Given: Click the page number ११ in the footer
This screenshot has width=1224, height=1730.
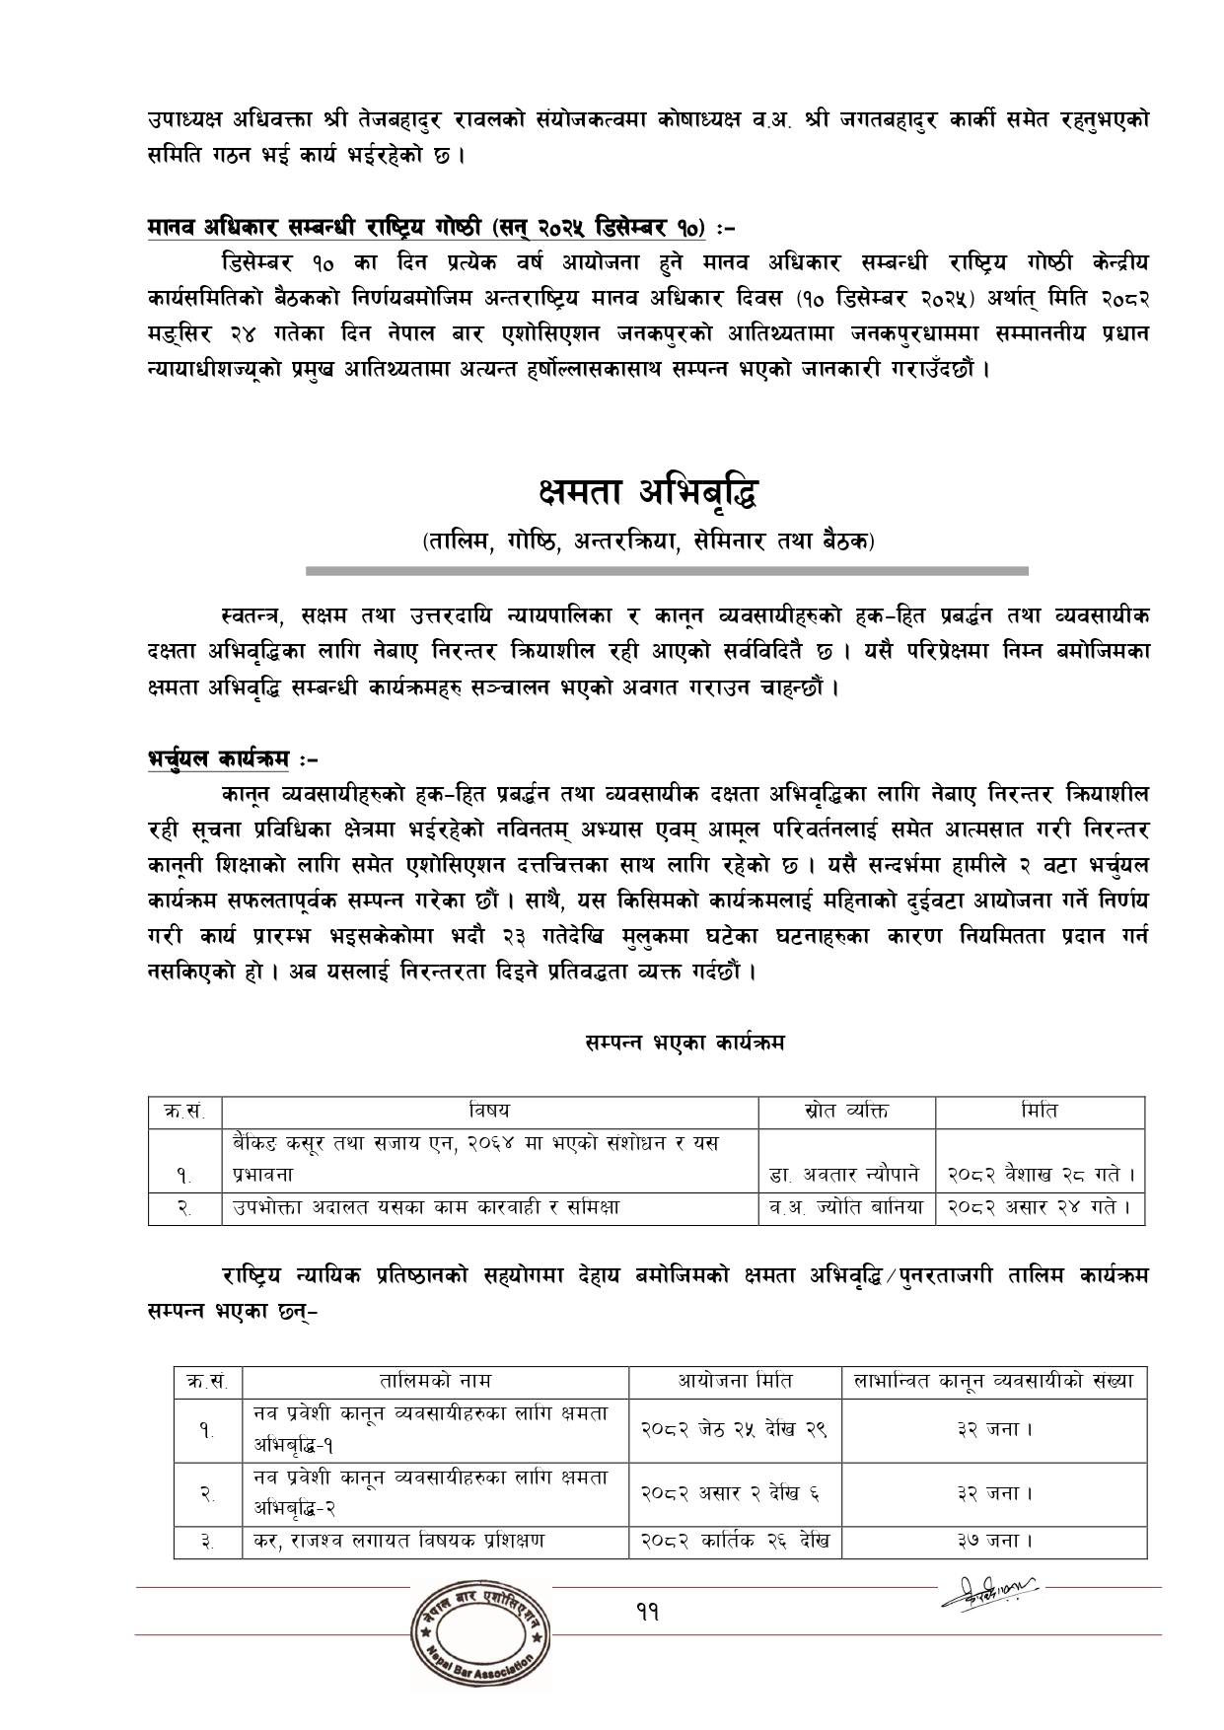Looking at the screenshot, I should pos(647,1612).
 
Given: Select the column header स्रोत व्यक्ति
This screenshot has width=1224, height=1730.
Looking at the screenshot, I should pos(846,1111).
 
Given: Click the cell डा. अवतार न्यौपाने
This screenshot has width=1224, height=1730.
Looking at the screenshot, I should pos(846,1175).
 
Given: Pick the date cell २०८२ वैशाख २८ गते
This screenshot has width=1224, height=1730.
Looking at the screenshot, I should pos(1041,1175).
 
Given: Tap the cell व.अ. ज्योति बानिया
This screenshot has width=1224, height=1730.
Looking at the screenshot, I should pos(846,1206).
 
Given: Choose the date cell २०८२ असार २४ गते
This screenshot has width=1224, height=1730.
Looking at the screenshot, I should pos(1041,1206).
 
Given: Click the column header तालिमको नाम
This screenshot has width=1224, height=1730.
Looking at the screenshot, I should pos(435,1381).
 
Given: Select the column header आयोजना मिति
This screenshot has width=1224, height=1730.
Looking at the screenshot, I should pos(735,1381).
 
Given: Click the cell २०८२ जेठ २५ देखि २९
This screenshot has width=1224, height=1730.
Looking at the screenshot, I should pos(735,1428).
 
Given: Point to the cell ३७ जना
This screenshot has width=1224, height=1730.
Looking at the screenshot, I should pos(993,1541).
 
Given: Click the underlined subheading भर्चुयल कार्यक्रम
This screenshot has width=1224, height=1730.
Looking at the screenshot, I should pos(226,759).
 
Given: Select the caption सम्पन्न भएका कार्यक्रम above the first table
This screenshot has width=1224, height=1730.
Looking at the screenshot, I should pos(684,1042).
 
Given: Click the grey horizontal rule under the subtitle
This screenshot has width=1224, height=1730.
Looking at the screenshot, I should pos(667,570).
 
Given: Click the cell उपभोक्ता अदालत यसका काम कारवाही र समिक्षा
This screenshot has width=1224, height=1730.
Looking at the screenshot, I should pos(426,1206).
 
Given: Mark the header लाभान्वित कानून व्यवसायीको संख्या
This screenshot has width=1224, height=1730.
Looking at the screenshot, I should pos(993,1381).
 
